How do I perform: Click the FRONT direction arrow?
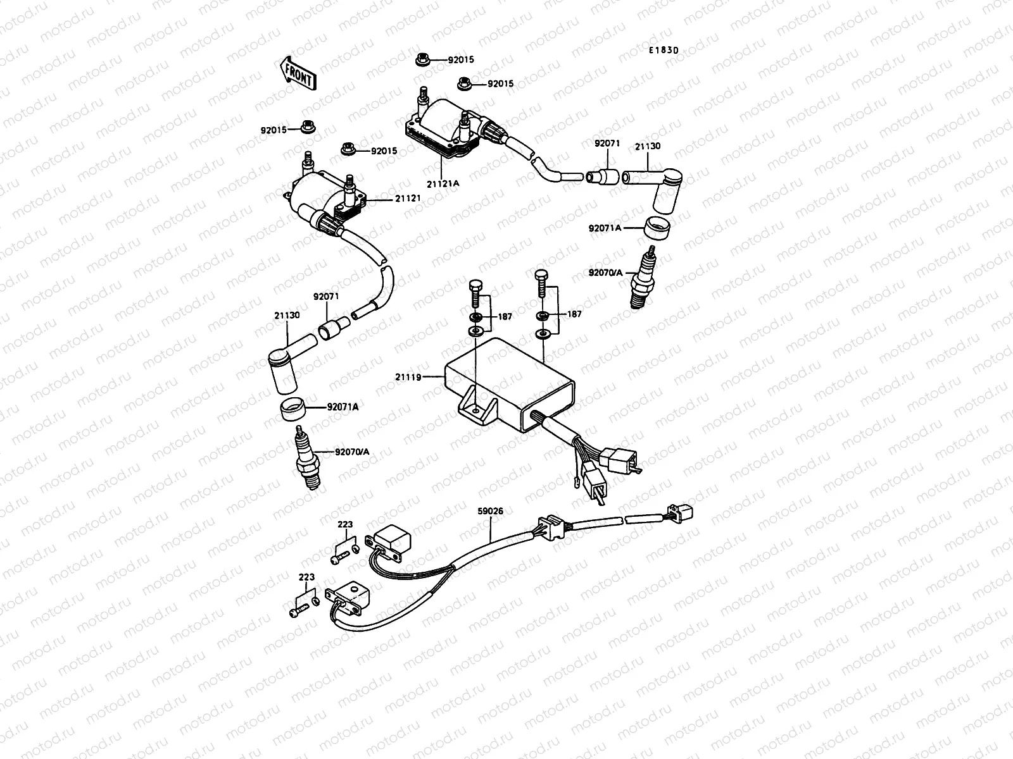296,72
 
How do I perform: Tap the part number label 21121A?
443,183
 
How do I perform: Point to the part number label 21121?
408,199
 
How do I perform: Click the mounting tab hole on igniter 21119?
475,411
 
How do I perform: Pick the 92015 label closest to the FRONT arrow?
274,130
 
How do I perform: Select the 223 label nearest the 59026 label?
345,524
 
